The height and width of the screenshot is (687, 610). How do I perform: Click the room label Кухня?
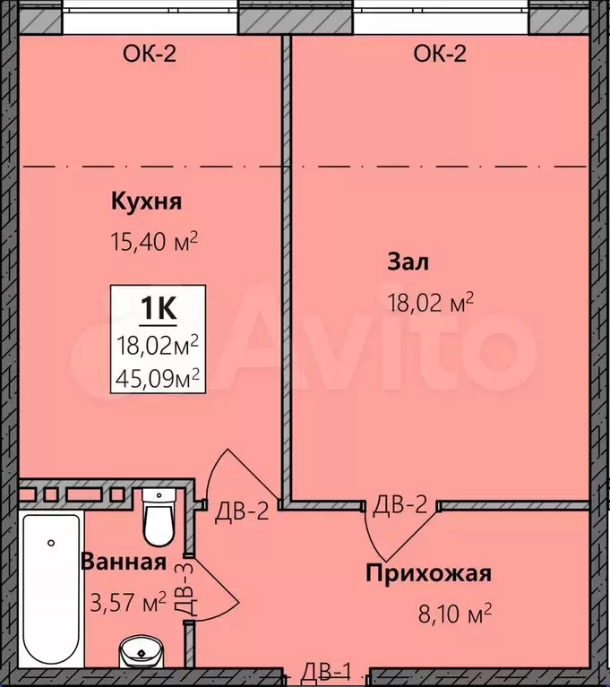(x=146, y=202)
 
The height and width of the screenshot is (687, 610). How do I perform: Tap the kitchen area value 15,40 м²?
(x=154, y=241)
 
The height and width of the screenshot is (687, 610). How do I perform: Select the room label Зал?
(x=408, y=262)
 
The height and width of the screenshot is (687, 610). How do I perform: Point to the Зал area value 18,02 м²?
(x=431, y=302)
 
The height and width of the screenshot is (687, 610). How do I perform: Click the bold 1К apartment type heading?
(x=159, y=308)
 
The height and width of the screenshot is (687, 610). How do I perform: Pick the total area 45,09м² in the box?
(x=158, y=379)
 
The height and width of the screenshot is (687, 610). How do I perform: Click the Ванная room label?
(x=124, y=562)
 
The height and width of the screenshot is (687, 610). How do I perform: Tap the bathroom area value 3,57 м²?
(x=128, y=602)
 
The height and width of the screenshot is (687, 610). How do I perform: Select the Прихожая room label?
(x=428, y=573)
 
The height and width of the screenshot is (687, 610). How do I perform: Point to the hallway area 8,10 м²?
(x=455, y=614)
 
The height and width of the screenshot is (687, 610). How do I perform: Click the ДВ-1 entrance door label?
(x=326, y=671)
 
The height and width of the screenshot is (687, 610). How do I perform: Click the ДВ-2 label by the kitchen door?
(x=242, y=511)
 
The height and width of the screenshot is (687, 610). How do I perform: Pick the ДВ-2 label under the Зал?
(x=400, y=505)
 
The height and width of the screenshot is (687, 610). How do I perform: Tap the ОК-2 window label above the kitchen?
(x=150, y=54)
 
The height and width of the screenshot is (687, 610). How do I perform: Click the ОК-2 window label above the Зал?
(x=440, y=54)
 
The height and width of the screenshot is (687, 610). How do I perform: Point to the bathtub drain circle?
(x=51, y=543)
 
